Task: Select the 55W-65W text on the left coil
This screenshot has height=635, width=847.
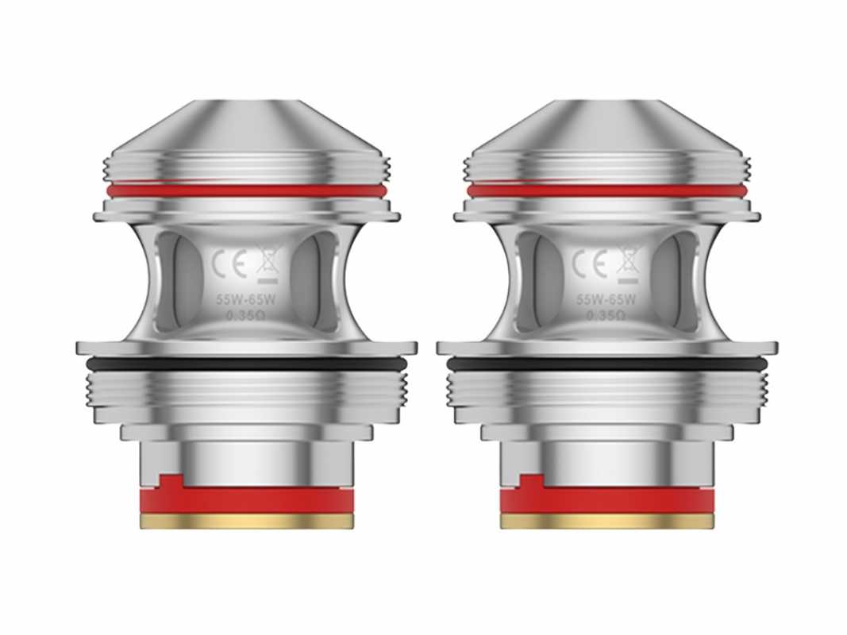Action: (247, 300)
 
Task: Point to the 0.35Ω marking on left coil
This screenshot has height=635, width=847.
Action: (247, 315)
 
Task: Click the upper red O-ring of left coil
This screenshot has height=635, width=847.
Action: (247, 190)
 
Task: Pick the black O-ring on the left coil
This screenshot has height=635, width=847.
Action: (247, 364)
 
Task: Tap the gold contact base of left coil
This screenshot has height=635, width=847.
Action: (247, 521)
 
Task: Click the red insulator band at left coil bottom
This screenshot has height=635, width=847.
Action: (247, 500)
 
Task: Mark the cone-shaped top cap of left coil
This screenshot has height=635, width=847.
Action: (247, 127)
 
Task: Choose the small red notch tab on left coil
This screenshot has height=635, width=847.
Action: (170, 481)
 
